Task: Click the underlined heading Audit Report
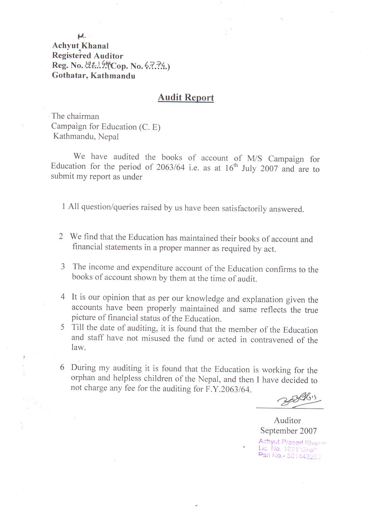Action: [x=186, y=98]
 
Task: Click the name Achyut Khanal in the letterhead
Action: [x=80, y=46]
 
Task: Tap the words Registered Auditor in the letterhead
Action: [x=88, y=56]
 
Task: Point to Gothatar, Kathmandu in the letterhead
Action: [x=94, y=76]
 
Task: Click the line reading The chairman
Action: [x=75, y=116]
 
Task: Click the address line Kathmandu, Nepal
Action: [x=86, y=137]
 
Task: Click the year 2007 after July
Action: [x=269, y=169]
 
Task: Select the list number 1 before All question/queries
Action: [x=64, y=206]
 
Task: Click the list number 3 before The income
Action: [x=63, y=267]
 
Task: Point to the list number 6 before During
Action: [x=62, y=367]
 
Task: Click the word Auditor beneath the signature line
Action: [x=287, y=420]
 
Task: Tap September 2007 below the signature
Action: [x=288, y=431]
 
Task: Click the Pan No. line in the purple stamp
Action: [x=289, y=456]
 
